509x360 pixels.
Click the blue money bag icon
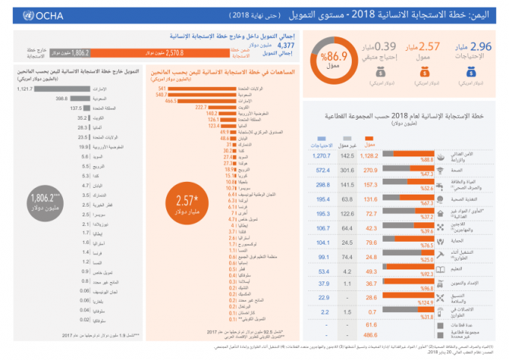[x=470, y=73]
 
